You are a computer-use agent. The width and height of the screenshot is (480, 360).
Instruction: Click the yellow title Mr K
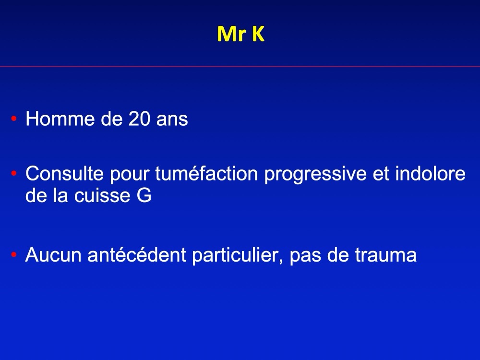240,34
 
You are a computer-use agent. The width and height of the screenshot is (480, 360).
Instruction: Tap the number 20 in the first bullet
140,119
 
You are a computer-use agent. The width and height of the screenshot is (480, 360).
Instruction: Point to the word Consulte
65,173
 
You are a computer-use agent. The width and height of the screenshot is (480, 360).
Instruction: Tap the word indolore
431,173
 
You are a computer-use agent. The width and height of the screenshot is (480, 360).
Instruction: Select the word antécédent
137,254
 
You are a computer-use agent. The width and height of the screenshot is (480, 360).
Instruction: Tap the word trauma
386,255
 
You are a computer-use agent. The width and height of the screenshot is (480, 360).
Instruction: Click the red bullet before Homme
14,119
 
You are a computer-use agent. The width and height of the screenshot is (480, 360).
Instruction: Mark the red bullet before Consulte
14,174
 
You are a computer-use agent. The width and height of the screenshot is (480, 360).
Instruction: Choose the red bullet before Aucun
14,255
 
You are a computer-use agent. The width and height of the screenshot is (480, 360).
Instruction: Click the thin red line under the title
240,66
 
